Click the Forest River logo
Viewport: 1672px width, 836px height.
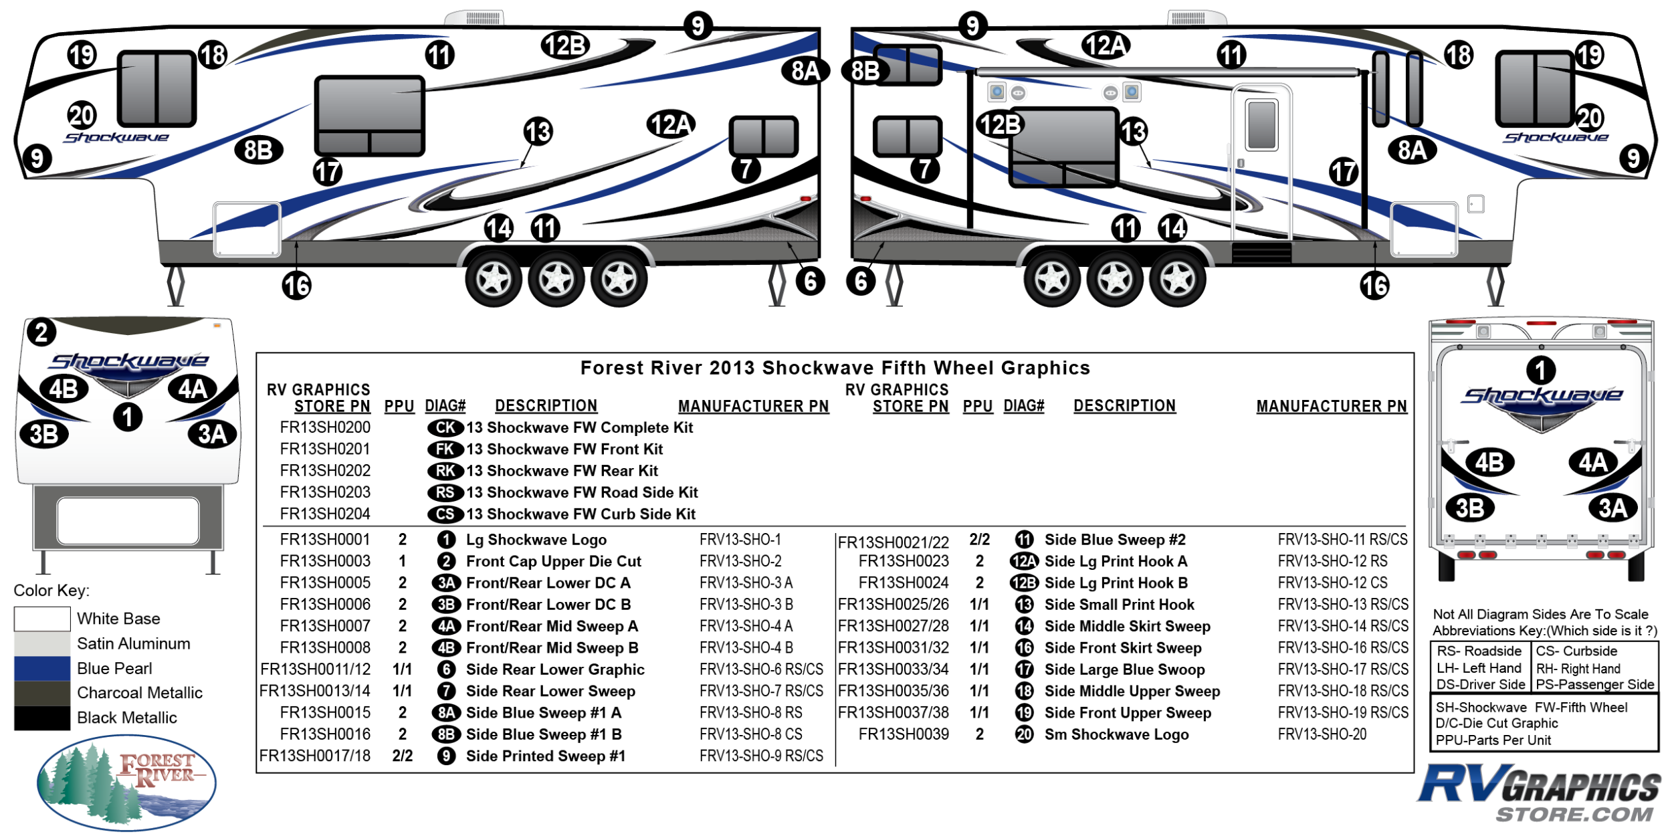click(126, 782)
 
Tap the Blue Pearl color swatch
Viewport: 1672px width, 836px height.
click(42, 668)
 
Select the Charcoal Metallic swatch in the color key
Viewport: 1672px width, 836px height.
click(42, 693)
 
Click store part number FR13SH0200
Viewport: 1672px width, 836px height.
click(325, 427)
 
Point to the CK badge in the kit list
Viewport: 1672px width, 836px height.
click(445, 427)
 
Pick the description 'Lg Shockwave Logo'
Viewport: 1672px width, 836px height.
click(536, 540)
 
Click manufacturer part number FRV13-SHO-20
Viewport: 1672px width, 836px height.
click(1322, 734)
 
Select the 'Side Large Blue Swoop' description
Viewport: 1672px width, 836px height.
click(1125, 669)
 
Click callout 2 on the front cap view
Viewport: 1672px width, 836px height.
click(41, 332)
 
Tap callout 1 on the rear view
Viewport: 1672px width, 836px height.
click(1541, 370)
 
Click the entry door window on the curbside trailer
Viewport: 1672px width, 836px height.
click(1261, 124)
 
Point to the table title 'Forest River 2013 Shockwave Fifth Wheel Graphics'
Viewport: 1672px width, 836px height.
click(835, 368)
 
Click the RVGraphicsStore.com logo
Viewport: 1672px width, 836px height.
click(1540, 793)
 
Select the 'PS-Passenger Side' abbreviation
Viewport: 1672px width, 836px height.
click(1595, 684)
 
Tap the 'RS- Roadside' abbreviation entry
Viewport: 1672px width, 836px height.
click(1479, 651)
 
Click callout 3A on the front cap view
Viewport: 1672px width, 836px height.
click(213, 434)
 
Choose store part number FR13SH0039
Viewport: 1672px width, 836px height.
click(904, 734)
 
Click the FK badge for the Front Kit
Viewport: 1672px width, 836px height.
click(445, 449)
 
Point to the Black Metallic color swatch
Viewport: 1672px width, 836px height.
click(42, 718)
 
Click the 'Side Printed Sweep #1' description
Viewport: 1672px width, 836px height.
click(546, 756)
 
